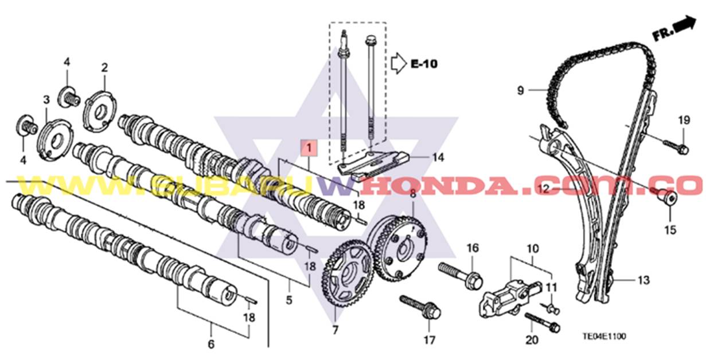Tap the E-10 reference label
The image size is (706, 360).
(x=423, y=64)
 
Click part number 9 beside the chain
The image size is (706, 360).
(x=520, y=90)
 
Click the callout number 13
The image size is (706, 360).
(x=643, y=280)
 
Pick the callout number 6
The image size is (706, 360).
(x=210, y=345)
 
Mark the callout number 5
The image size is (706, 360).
(x=289, y=299)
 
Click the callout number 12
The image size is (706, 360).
(x=543, y=187)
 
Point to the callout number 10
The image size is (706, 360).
(x=533, y=249)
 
